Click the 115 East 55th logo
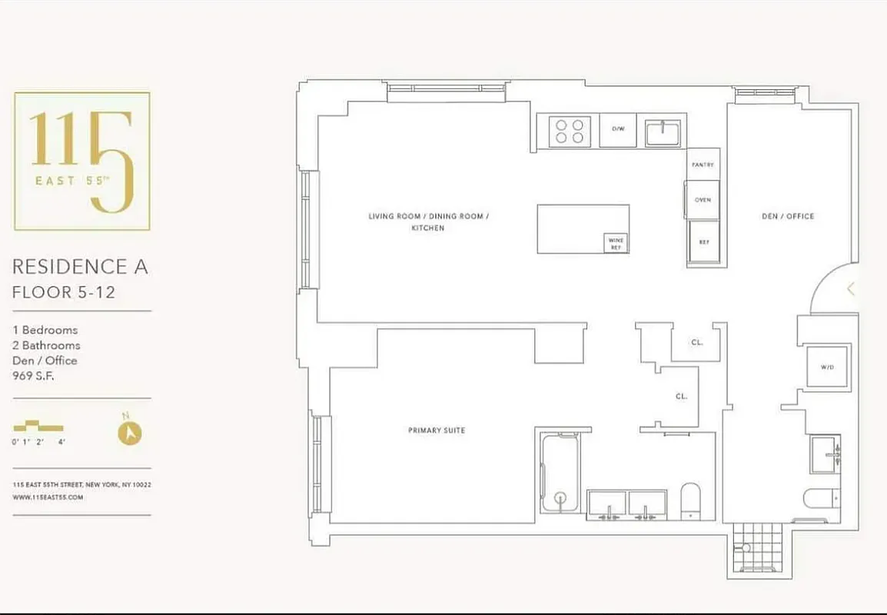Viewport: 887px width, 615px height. pyautogui.click(x=82, y=161)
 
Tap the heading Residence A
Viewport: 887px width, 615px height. pyautogui.click(x=80, y=267)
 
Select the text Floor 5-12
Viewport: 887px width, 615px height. pyautogui.click(x=64, y=292)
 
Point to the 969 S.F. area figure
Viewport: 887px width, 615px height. pyautogui.click(x=34, y=376)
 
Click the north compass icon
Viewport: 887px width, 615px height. pyautogui.click(x=130, y=432)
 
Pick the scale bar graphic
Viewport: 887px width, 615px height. pyautogui.click(x=38, y=427)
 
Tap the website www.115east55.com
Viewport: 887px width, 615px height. pyautogui.click(x=48, y=497)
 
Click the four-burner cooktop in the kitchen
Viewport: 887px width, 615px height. pyautogui.click(x=570, y=131)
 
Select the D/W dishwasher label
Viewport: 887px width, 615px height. pyautogui.click(x=618, y=130)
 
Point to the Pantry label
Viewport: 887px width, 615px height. pyautogui.click(x=703, y=165)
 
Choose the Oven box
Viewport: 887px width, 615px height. pyautogui.click(x=703, y=200)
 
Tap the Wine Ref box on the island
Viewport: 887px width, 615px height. pyautogui.click(x=616, y=244)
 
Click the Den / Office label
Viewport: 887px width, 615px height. pyautogui.click(x=787, y=217)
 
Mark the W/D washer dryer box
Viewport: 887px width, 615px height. pyautogui.click(x=827, y=367)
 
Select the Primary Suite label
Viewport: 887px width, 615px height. pyautogui.click(x=436, y=430)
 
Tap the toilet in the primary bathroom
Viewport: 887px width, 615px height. pyautogui.click(x=690, y=500)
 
